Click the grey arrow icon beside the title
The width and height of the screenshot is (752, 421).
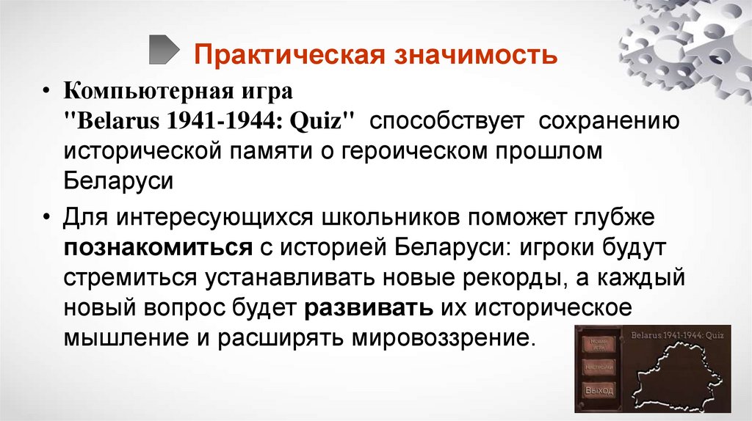(x=163, y=49)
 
